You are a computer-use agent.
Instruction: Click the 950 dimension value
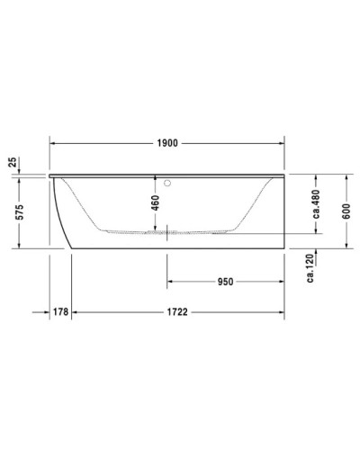click(225, 282)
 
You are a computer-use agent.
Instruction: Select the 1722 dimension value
click(177, 311)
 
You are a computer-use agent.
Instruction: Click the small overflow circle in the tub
click(166, 185)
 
